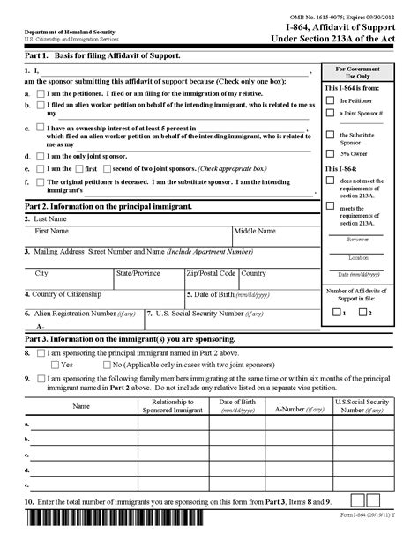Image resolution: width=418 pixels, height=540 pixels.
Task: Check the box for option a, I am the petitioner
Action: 41,92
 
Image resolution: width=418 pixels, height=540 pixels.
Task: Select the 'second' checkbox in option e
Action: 108,168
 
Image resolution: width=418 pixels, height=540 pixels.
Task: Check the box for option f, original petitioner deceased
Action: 41,181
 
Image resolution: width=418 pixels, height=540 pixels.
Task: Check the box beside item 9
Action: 41,379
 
